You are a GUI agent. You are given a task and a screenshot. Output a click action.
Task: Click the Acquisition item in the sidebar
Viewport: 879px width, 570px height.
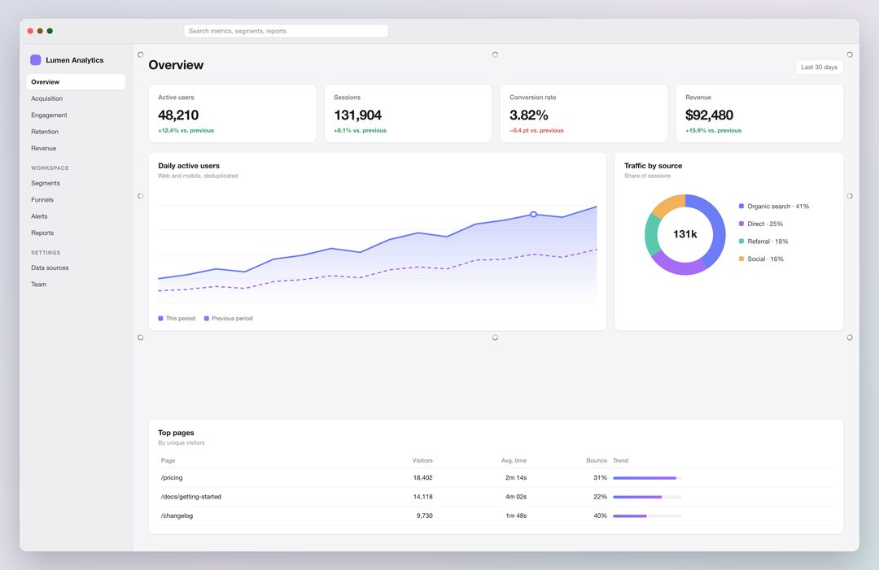tap(47, 98)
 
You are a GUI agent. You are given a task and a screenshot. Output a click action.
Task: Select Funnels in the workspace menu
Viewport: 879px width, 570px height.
tap(42, 199)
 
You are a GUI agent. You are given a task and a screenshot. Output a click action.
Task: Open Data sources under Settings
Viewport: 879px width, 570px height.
tap(50, 268)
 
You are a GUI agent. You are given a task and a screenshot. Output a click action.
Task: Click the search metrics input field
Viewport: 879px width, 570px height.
tap(286, 31)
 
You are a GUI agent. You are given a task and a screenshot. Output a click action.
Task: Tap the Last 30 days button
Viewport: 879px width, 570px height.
tap(819, 67)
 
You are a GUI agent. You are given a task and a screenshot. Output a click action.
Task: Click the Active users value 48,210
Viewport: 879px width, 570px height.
tap(178, 115)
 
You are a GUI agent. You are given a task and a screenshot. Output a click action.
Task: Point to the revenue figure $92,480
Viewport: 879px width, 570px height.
tap(709, 115)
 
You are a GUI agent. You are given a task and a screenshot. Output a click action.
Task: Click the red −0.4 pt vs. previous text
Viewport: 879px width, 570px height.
tap(536, 130)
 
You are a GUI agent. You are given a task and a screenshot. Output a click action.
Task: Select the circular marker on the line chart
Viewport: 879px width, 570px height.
tap(534, 215)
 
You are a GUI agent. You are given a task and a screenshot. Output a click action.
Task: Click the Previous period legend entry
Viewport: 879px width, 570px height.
tap(228, 319)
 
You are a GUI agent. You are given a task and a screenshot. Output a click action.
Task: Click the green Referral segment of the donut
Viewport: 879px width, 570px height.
tap(652, 235)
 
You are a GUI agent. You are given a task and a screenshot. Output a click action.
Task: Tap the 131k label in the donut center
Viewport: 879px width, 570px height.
tap(685, 234)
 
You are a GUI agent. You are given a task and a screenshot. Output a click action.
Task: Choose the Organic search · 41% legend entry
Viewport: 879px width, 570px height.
tap(774, 207)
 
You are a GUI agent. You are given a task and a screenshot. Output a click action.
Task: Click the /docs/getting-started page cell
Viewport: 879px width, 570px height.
tap(191, 497)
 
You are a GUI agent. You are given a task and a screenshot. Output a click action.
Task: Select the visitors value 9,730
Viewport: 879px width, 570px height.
tap(424, 516)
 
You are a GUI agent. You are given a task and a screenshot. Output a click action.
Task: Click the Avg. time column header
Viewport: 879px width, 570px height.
tap(514, 461)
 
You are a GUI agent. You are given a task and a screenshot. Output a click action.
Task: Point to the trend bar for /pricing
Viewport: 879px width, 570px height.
tap(647, 478)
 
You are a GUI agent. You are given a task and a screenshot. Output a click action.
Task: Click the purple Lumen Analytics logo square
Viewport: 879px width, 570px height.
tap(35, 60)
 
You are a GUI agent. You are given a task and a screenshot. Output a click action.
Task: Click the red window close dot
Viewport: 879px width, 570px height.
tap(30, 31)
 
